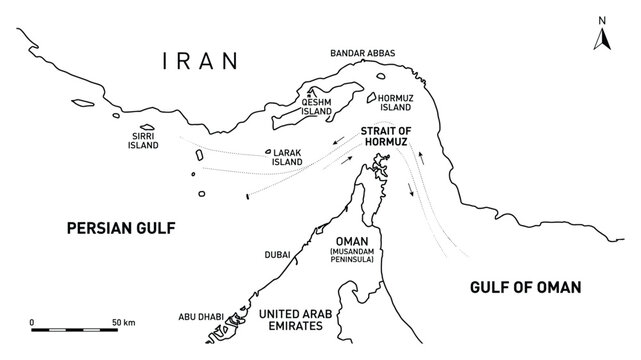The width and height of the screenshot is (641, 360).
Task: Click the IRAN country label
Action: (x=201, y=62)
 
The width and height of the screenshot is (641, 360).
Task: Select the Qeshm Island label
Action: (x=317, y=106)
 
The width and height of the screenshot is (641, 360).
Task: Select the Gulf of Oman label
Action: (x=526, y=287)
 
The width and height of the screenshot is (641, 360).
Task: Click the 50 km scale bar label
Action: (x=123, y=322)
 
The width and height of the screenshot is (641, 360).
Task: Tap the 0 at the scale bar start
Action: (x=33, y=322)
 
